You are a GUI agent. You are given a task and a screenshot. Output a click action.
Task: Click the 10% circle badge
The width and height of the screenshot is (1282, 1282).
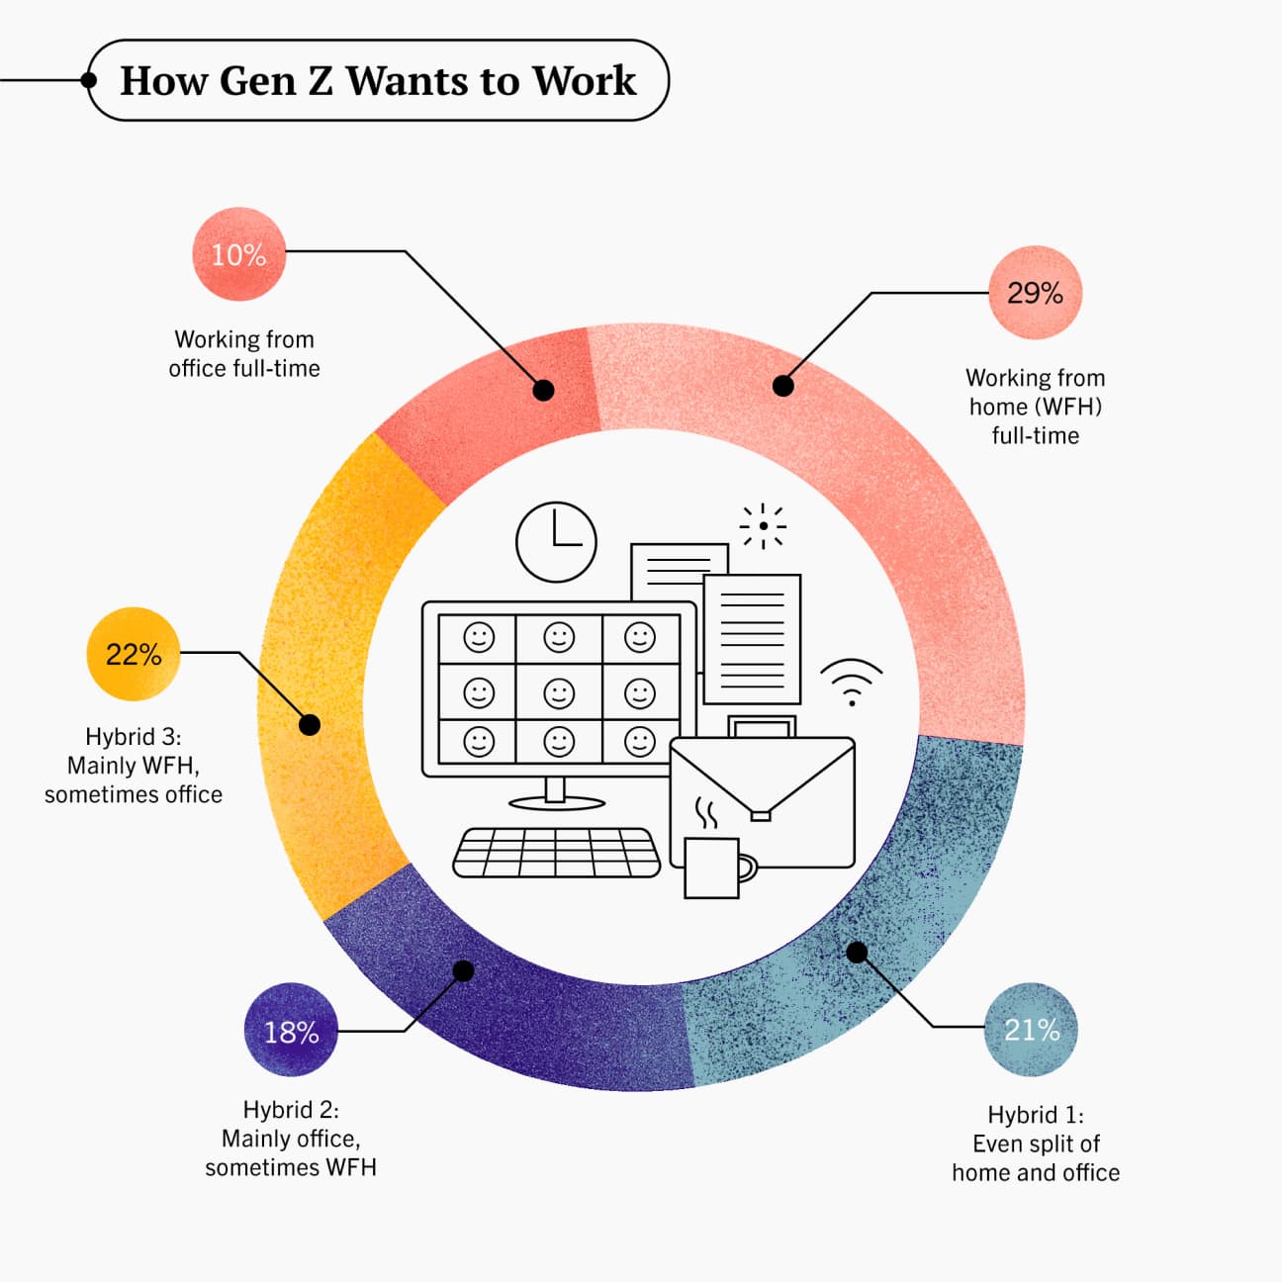[238, 254]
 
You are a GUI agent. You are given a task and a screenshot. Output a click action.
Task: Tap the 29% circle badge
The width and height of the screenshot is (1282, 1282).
[1035, 293]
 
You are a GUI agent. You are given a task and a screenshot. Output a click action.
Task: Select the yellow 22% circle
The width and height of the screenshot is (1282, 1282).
[134, 654]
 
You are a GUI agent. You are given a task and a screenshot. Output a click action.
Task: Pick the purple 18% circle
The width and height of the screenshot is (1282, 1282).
[292, 1030]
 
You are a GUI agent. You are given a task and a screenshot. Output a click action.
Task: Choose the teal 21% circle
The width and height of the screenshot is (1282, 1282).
[1031, 1030]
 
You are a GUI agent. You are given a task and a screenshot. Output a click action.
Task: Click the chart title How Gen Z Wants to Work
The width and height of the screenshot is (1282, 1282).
[378, 80]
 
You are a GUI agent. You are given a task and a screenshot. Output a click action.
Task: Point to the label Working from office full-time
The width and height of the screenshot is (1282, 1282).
[244, 353]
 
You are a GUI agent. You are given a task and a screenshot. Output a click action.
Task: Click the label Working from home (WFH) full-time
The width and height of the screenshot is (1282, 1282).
[1035, 407]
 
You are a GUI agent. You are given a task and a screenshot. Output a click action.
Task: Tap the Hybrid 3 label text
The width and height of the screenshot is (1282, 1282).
[134, 765]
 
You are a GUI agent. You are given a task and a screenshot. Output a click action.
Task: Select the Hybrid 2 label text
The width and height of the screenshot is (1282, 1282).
[291, 1139]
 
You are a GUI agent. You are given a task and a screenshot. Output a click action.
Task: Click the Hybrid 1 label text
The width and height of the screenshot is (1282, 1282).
[1036, 1144]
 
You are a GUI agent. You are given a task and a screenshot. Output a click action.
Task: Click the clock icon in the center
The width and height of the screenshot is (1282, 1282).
[556, 542]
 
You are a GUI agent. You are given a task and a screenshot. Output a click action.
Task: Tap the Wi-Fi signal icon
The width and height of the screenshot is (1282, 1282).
[852, 682]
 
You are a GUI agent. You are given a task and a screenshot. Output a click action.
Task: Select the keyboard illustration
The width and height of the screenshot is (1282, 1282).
[556, 853]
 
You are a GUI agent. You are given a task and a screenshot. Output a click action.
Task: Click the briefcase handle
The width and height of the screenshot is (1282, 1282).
[762, 726]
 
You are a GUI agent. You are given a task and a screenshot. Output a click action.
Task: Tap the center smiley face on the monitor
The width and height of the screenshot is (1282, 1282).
[559, 693]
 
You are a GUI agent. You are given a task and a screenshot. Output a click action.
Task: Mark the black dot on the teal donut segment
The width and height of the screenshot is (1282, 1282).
[857, 952]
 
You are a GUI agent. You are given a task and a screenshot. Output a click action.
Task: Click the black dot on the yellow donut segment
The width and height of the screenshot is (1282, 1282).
[310, 724]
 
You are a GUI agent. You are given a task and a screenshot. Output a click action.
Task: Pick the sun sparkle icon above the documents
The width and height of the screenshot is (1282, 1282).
[763, 526]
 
